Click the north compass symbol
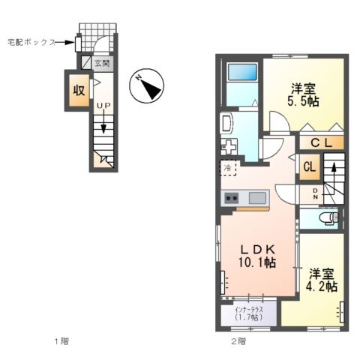[146, 85]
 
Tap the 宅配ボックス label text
[31, 42]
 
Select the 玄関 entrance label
[102, 63]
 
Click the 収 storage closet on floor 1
[79, 91]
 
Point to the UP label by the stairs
[103, 106]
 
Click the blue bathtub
[242, 72]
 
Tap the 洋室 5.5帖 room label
[303, 95]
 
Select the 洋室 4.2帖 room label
[322, 280]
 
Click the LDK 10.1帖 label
[257, 256]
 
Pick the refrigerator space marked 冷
[228, 168]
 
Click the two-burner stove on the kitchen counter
[232, 198]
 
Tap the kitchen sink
[257, 198]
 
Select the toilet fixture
[331, 219]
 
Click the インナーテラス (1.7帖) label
[248, 313]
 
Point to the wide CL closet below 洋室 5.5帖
[321, 143]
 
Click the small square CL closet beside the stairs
[310, 166]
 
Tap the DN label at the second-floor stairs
[316, 194]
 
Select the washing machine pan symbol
[229, 146]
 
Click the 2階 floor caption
[238, 341]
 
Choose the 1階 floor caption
[61, 341]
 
